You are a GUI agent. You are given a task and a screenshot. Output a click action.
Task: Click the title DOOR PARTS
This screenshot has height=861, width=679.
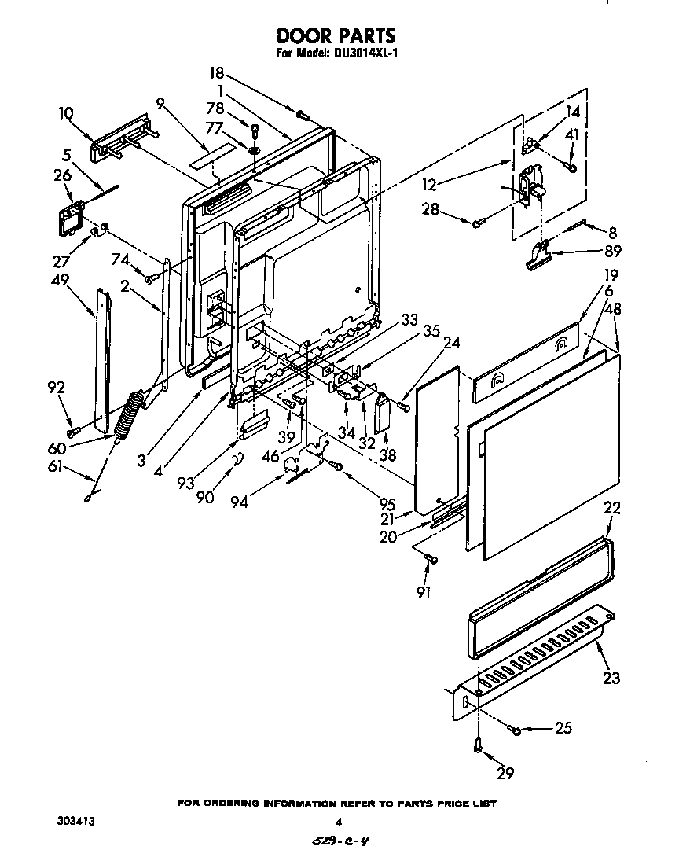point(335,36)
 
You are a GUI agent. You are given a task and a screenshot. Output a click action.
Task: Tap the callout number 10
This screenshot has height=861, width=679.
point(68,113)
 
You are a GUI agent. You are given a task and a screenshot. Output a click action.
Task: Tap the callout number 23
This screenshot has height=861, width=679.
point(611,677)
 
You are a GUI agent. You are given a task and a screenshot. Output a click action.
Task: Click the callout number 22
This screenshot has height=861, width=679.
point(612,508)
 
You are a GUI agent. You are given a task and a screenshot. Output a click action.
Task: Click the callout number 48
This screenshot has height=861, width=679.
point(612,309)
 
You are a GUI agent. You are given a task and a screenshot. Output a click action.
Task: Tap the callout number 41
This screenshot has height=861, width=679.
point(571,134)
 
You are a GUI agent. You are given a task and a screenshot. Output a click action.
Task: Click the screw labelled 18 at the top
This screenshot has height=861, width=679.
point(302,115)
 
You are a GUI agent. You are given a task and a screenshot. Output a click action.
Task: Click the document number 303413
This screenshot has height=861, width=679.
point(76,821)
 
